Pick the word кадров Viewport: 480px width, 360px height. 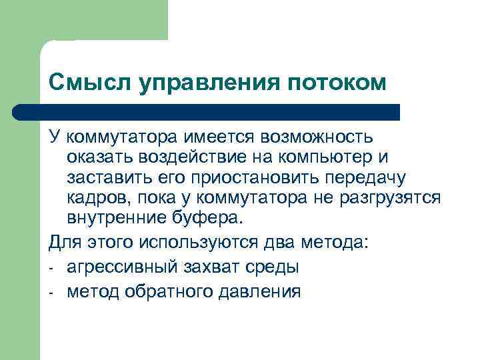tap(93, 199)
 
